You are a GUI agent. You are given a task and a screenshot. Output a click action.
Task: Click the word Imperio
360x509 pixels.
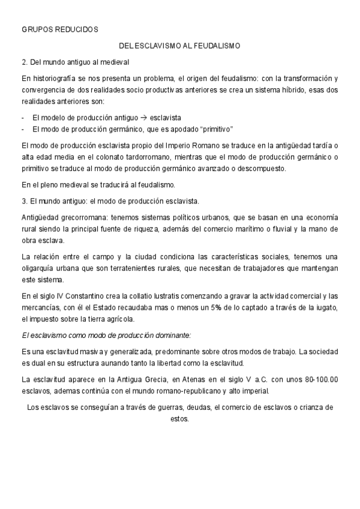[x=174, y=146]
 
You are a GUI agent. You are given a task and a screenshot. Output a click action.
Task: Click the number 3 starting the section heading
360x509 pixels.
[x=23, y=201]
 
